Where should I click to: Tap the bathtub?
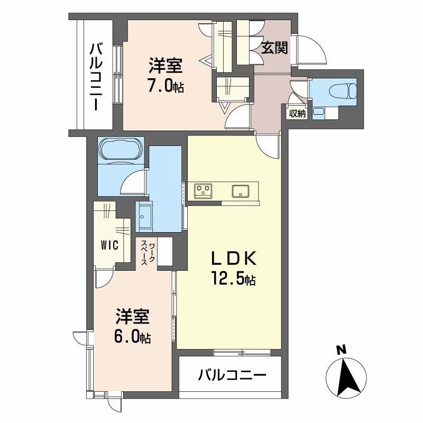[121, 150]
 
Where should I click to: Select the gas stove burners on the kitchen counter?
[203, 191]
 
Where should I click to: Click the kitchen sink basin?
[241, 191]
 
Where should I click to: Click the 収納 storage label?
[297, 114]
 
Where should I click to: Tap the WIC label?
[110, 245]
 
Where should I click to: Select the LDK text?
[234, 259]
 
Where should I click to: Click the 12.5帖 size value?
[234, 279]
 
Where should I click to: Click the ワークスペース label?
[148, 253]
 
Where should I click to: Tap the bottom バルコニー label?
[232, 375]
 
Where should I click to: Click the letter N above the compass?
[341, 350]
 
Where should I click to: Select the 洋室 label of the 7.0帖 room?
[165, 66]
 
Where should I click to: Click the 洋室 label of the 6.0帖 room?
[133, 316]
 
